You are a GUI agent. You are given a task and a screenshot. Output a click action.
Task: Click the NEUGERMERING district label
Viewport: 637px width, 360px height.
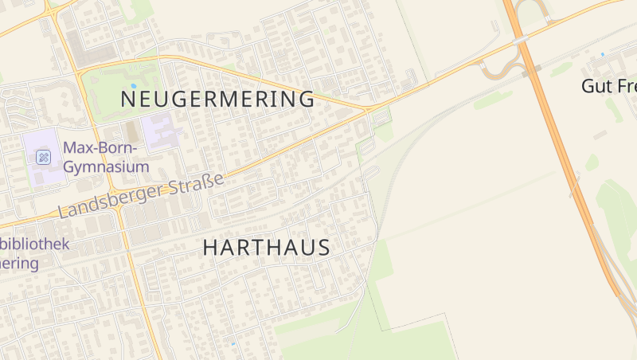[217, 100]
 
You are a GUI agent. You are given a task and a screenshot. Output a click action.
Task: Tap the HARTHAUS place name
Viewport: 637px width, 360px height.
[266, 248]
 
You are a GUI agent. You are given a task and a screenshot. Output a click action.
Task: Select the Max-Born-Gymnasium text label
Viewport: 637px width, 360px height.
[106, 157]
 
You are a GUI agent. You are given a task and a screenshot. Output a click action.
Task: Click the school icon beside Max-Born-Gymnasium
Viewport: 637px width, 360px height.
[44, 157]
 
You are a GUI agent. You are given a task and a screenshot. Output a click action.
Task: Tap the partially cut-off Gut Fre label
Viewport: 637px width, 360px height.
[608, 86]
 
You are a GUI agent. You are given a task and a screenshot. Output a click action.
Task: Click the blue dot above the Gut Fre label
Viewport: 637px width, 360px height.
[603, 54]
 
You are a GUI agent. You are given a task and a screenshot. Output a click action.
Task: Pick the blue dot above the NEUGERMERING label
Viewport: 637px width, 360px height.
[133, 85]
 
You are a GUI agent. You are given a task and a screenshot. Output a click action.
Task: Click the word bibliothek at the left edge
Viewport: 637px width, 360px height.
[35, 245]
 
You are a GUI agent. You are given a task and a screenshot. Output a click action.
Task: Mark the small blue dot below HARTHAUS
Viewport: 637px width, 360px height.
[233, 344]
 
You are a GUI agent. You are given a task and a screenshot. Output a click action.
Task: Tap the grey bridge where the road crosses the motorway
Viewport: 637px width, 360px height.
[522, 38]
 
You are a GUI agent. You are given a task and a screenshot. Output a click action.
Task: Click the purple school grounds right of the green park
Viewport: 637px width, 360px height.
[160, 130]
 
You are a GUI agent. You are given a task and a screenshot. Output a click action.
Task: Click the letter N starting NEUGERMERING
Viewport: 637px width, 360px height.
[127, 100]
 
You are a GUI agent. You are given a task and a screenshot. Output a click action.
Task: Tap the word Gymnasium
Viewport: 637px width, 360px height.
[106, 167]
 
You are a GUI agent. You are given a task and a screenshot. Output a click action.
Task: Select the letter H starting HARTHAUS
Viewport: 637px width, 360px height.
[209, 248]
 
